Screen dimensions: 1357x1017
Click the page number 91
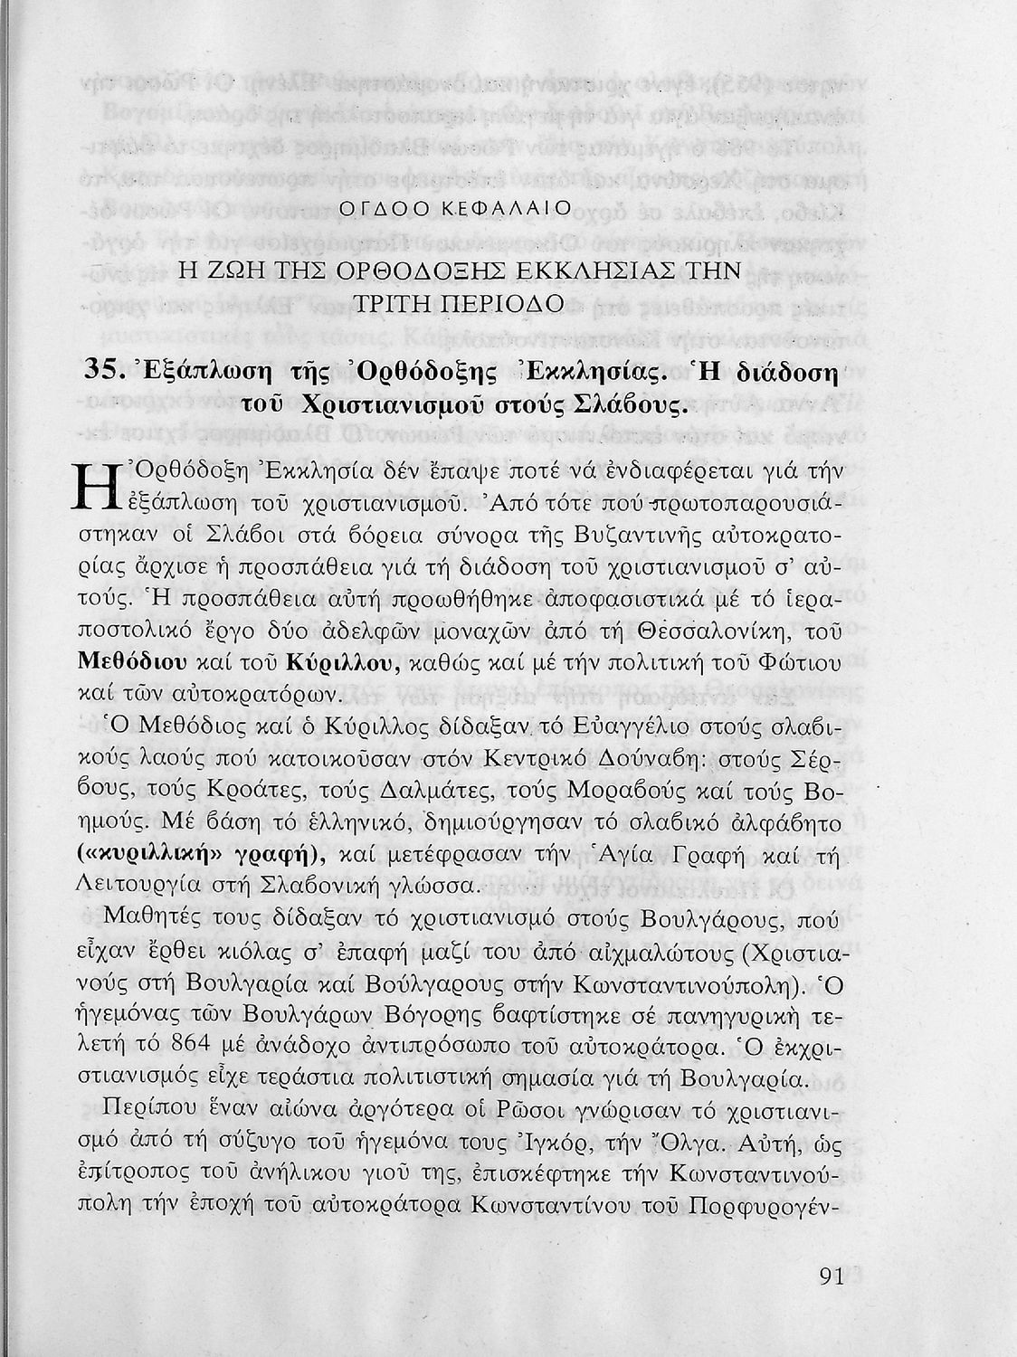[x=830, y=1276]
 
